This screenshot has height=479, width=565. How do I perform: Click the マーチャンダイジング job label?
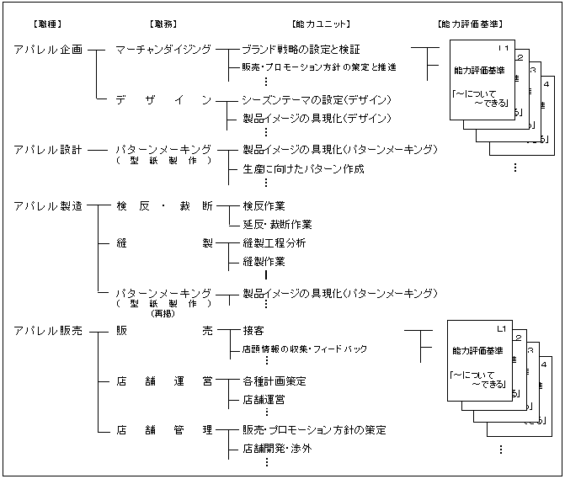(x=163, y=50)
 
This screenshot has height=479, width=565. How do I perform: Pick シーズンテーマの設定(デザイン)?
(x=316, y=100)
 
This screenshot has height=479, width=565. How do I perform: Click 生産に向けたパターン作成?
(x=303, y=169)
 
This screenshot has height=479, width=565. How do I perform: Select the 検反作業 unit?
(x=263, y=205)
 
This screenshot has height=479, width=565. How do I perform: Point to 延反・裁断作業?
(x=277, y=225)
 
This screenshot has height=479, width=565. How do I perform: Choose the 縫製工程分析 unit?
(x=274, y=243)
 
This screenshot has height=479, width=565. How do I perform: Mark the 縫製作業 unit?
(x=263, y=262)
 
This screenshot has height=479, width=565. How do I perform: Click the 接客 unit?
(x=253, y=332)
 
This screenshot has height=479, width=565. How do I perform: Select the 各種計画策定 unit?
(x=274, y=381)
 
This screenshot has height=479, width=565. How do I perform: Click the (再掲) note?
(x=163, y=312)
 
